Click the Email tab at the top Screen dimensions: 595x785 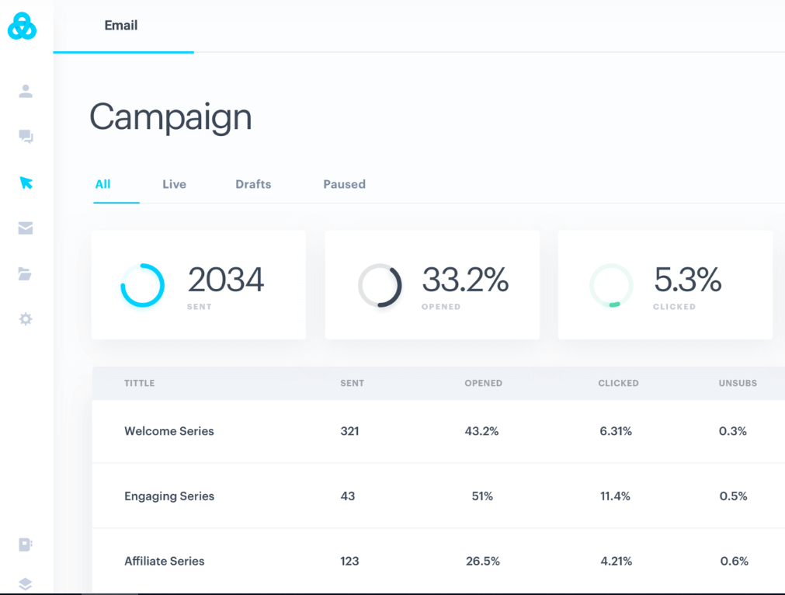click(121, 26)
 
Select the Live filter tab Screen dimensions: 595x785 click(174, 184)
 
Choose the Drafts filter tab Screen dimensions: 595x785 click(253, 184)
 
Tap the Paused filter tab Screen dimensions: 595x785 click(344, 184)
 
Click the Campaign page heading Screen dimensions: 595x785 click(171, 117)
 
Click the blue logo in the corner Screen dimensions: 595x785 click(22, 26)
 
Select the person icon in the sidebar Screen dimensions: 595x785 click(26, 92)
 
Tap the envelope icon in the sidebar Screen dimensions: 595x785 click(26, 228)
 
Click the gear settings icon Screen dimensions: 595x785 click(26, 319)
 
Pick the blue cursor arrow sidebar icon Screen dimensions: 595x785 click(26, 183)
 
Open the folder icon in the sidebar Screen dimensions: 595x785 click(26, 273)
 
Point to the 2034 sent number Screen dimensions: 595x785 click(226, 280)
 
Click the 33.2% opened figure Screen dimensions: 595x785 click(465, 280)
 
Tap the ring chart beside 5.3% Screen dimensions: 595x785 click(611, 286)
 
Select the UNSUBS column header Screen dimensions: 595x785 click(738, 383)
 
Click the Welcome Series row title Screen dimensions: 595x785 click(169, 431)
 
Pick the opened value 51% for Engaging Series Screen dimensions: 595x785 click(482, 496)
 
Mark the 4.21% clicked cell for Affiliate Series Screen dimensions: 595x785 click(615, 561)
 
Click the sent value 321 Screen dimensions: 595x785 click(349, 431)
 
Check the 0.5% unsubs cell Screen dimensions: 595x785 click(733, 496)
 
